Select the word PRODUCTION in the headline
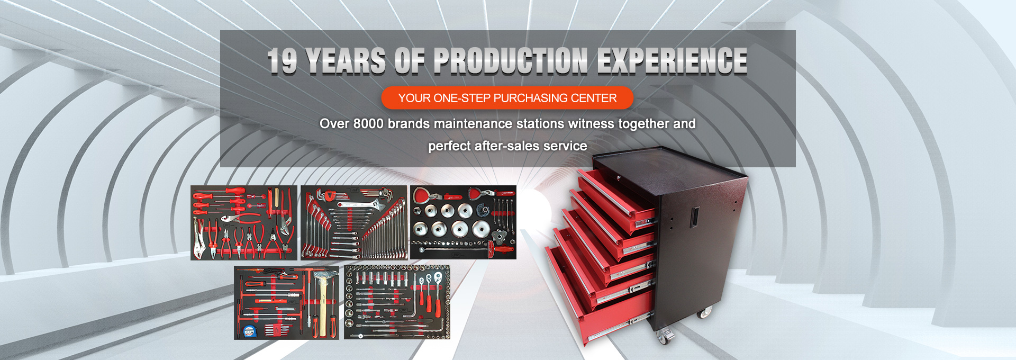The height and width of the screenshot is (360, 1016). tap(511, 60)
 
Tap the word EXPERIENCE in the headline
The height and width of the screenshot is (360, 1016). tap(673, 60)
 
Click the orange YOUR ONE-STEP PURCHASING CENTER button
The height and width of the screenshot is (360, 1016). tap(507, 98)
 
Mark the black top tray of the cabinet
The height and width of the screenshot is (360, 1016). tap(669, 161)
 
